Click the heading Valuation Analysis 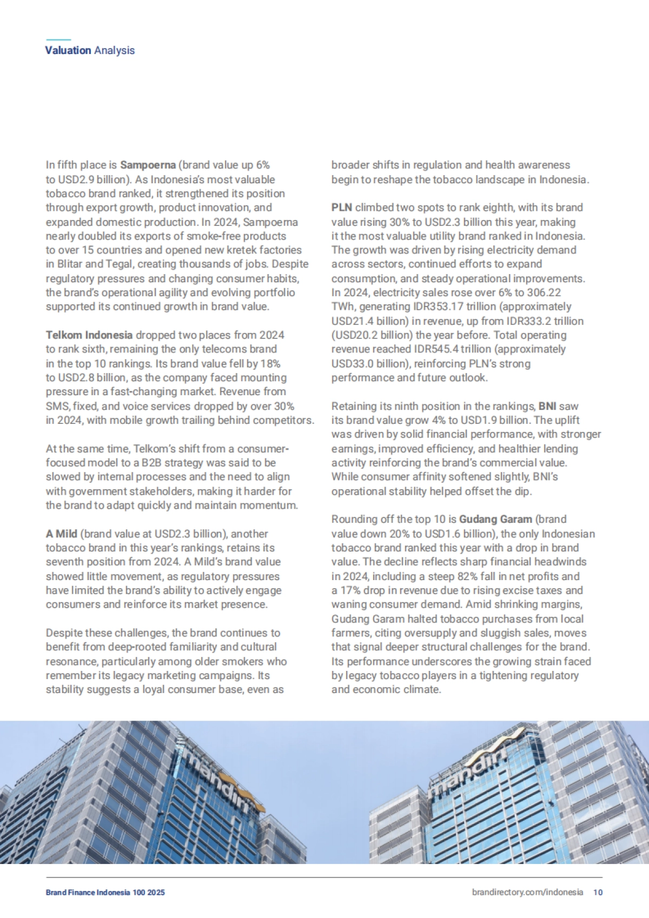90,50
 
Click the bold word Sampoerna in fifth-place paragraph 148,165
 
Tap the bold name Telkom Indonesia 89,335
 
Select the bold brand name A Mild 61,534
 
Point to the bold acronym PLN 341,207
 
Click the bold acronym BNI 547,406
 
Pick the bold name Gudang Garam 495,519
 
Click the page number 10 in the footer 598,892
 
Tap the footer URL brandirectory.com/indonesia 527,892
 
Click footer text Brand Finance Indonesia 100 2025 105,893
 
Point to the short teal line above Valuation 58,39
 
